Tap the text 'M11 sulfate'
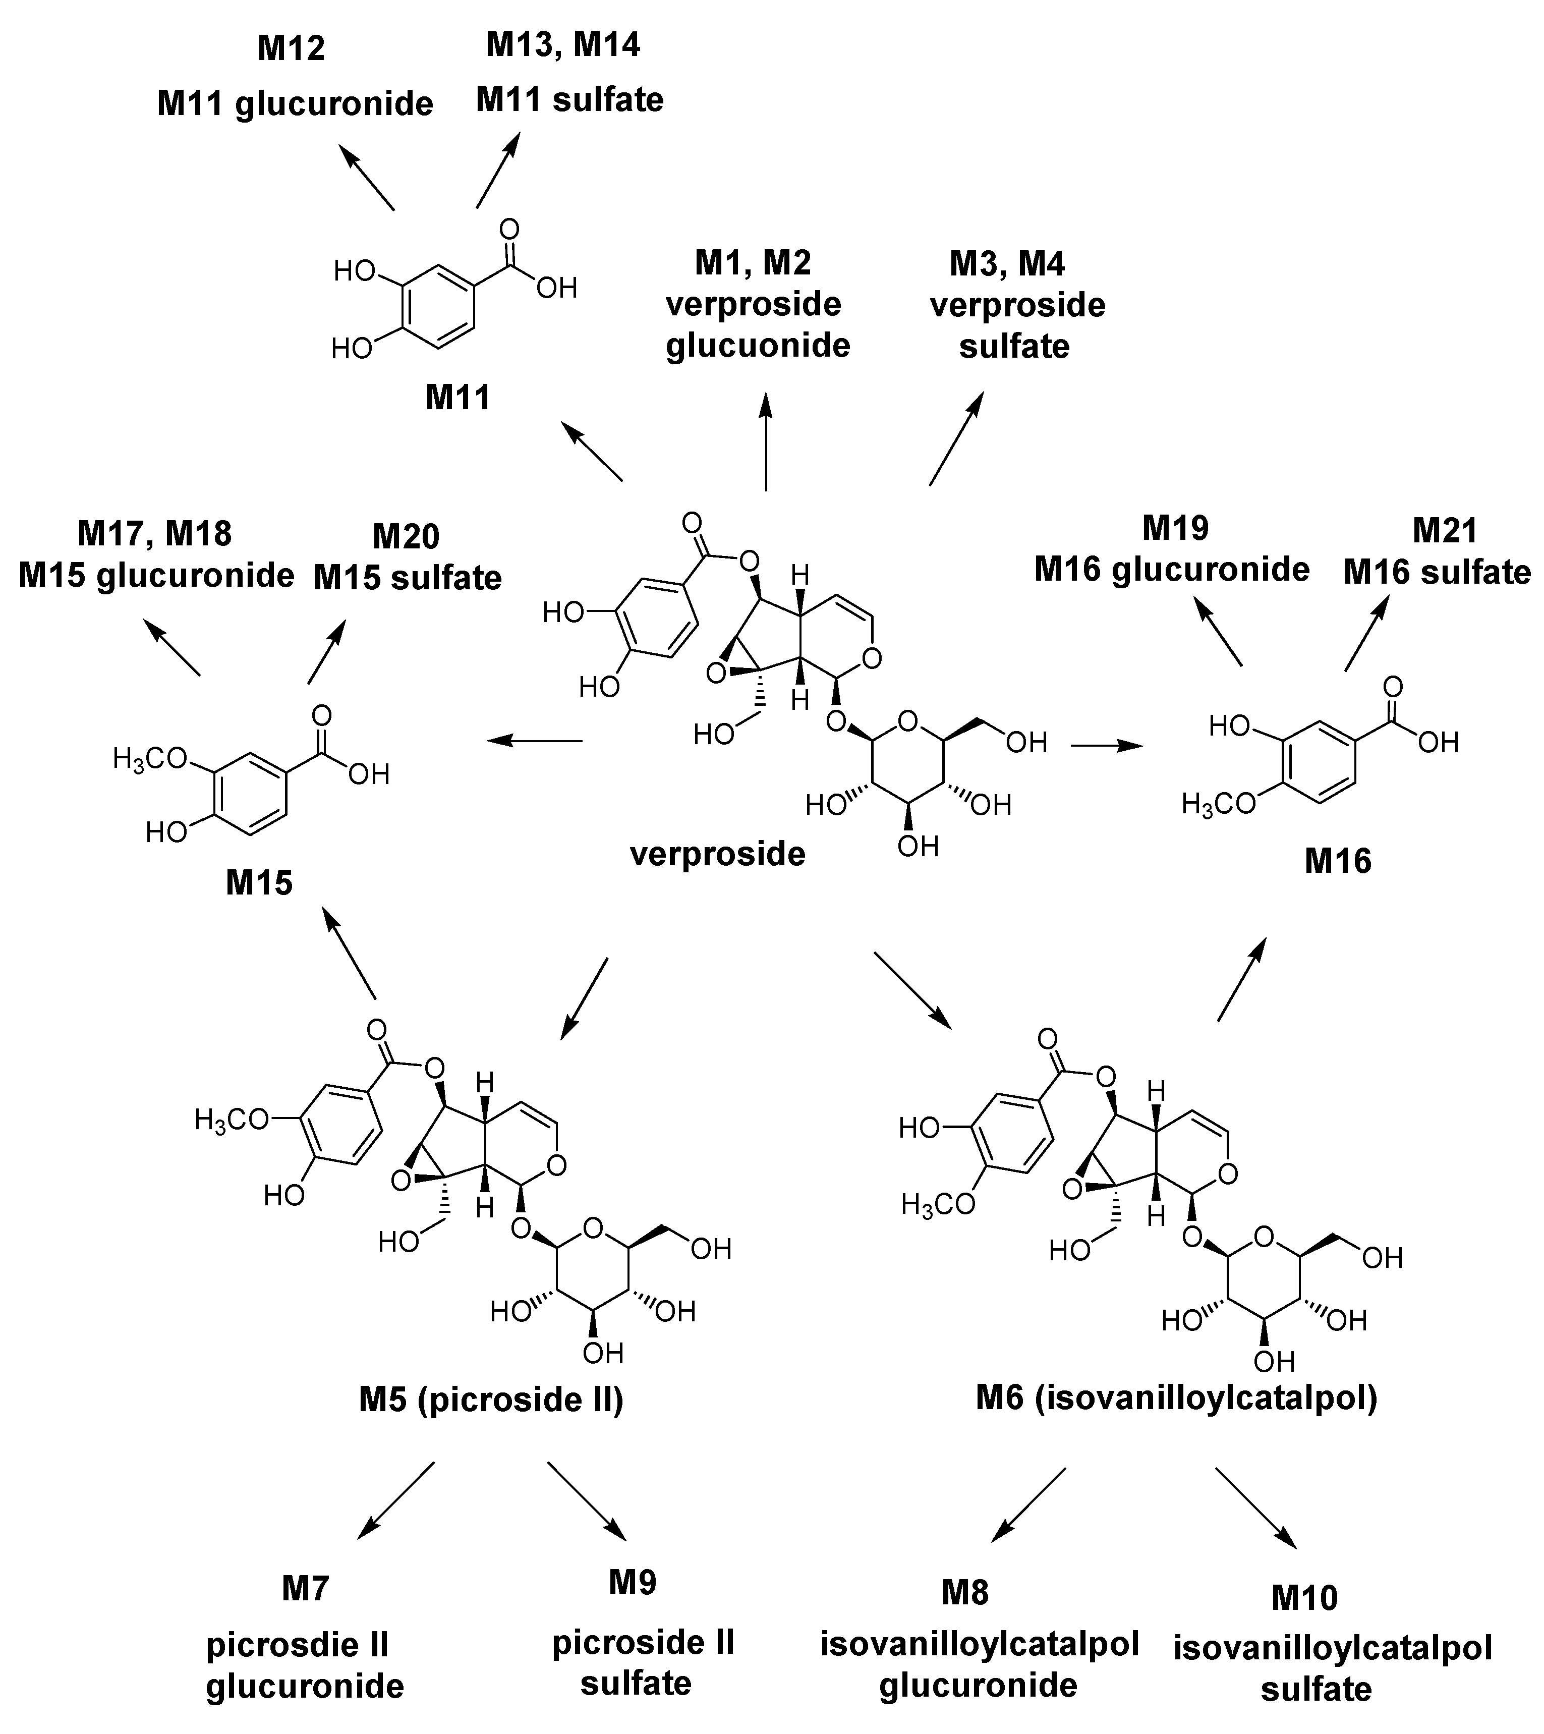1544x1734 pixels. (569, 99)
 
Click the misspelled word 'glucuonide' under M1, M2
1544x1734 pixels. (758, 346)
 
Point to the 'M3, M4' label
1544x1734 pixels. (1007, 264)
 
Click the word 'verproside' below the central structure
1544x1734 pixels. (717, 854)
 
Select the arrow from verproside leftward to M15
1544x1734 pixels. (535, 741)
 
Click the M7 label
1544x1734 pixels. (305, 1588)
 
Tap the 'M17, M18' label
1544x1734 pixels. (154, 534)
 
